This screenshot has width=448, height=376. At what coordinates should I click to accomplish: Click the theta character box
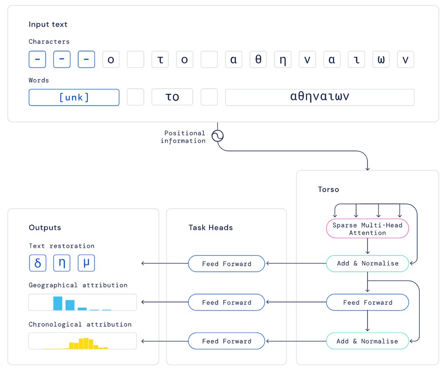coord(258,60)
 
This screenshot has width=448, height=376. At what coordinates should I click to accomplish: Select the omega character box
coord(381,60)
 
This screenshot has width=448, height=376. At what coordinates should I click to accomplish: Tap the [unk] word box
coord(74,97)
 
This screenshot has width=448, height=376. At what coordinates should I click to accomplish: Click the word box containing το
coord(172,97)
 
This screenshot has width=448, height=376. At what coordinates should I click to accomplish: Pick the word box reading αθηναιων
coord(320,97)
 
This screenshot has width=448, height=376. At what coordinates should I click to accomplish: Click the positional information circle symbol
coord(217,136)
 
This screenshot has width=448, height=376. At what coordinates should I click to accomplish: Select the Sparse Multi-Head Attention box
coord(367,228)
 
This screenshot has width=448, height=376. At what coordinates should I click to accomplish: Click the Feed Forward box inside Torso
coord(367,302)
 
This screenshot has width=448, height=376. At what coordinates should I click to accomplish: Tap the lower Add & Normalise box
coord(367,341)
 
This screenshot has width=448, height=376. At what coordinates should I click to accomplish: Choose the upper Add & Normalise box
coord(367,263)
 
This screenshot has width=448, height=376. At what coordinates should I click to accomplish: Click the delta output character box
coord(38,263)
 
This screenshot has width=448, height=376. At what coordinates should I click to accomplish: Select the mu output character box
coord(86,263)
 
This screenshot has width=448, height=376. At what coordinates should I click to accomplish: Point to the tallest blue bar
coord(58,303)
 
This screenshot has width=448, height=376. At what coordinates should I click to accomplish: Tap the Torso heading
coord(328,189)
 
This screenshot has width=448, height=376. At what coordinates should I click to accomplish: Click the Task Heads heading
coord(211,227)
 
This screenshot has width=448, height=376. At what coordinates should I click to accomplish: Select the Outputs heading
coord(45,227)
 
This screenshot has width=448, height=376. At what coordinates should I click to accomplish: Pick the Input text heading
coord(48,24)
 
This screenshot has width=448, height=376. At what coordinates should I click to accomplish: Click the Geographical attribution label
coord(78,285)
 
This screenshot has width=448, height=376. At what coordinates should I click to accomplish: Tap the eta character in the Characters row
coord(283,60)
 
